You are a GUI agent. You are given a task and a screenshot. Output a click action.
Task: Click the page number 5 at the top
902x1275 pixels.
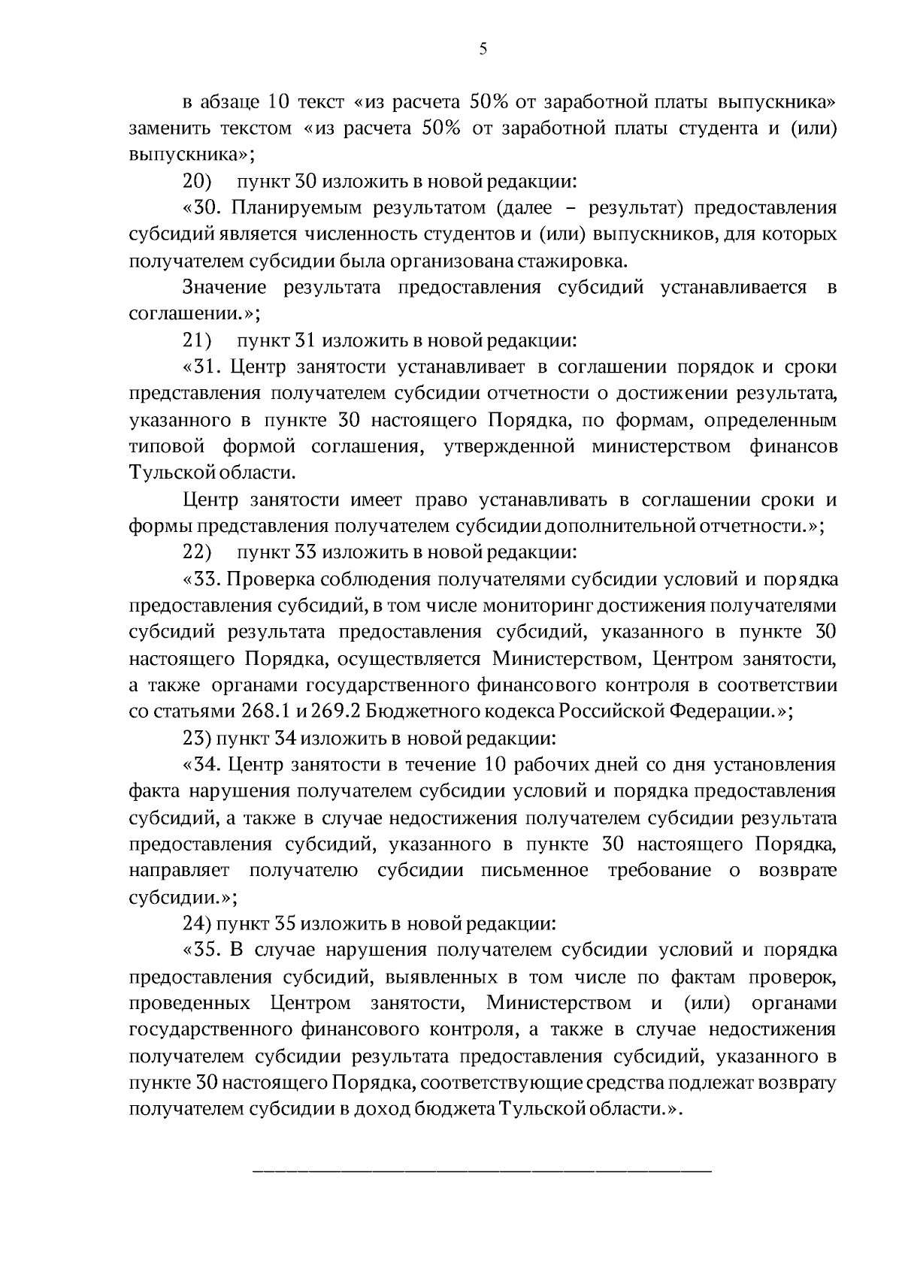coord(483,50)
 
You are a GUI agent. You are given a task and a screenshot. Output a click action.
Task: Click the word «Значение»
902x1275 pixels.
coord(225,288)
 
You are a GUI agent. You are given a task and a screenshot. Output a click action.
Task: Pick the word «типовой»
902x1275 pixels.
coord(167,446)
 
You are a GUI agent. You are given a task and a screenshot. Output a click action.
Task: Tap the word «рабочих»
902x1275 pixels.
coord(539,765)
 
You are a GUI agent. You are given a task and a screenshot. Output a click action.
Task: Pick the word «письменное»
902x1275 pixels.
coord(536,870)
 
